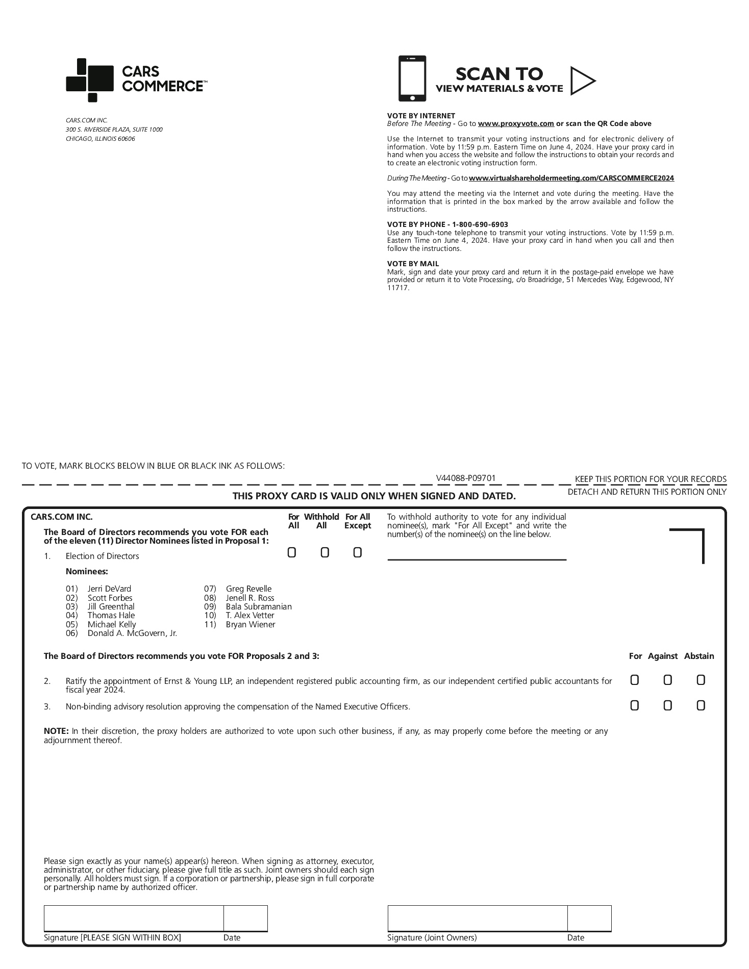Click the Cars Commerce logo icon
(89, 80)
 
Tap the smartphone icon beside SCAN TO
(412, 79)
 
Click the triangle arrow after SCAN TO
(582, 81)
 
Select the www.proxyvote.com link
(516, 123)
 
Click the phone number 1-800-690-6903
(480, 224)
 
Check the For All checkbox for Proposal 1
(292, 553)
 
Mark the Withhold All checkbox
(324, 553)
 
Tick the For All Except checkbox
(358, 553)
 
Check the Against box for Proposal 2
(667, 680)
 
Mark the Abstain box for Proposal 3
(701, 705)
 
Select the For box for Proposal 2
(634, 680)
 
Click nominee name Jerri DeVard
(109, 589)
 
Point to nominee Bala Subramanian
(259, 606)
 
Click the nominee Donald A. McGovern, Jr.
(132, 633)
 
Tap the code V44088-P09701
(466, 478)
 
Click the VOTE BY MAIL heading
(413, 264)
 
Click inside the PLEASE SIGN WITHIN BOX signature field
(134, 919)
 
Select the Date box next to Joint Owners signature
(589, 919)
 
